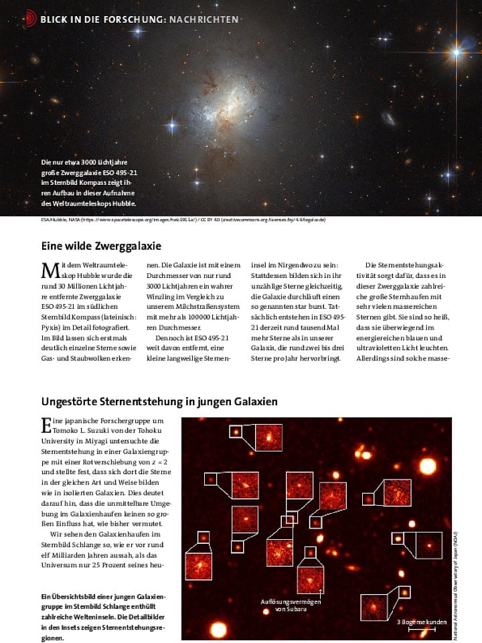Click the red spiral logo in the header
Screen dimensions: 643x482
[x=30, y=18]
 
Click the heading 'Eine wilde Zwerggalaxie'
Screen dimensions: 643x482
[x=101, y=246]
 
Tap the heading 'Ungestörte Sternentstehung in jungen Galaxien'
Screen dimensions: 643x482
[x=159, y=402]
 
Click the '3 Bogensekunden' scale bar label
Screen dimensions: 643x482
[x=422, y=622]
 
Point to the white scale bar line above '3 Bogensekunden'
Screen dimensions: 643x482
[x=417, y=630]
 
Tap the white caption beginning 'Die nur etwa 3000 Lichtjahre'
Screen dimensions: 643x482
[x=89, y=182]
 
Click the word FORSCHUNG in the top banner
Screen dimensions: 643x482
[x=131, y=19]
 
